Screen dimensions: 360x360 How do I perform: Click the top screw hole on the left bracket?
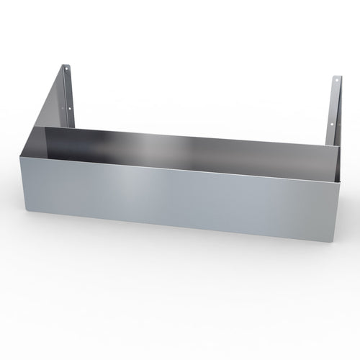66,70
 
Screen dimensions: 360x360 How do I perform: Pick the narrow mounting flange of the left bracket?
69,94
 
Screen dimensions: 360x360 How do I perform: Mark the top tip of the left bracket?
64,63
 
